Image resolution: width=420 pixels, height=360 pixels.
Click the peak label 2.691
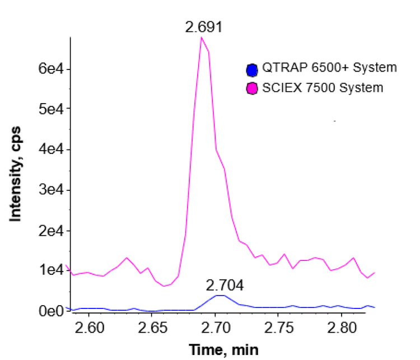pos(204,27)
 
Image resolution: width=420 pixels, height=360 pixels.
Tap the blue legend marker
pos(252,69)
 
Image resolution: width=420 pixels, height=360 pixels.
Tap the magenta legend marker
pos(252,88)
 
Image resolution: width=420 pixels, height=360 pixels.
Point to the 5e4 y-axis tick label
pos(50,108)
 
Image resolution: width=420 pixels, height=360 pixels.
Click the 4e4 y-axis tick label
pos(50,149)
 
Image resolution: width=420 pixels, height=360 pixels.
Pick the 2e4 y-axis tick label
pos(50,230)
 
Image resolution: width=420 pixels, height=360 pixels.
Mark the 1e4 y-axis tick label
pos(50,270)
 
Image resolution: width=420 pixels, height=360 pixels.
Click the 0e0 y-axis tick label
pos(50,311)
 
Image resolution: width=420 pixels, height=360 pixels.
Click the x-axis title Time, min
pos(223,349)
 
